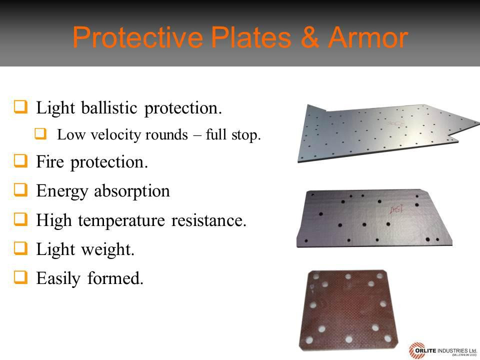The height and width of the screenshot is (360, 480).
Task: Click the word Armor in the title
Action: (368, 37)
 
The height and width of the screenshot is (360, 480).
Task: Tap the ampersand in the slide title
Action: (309, 37)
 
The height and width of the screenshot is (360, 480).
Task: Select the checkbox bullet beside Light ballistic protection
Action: (21, 106)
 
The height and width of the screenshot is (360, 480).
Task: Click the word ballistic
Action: (109, 107)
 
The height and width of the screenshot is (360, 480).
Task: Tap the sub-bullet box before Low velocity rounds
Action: (40, 133)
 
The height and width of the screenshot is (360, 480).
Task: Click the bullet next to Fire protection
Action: (21, 160)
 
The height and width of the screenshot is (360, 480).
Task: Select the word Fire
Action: (50, 161)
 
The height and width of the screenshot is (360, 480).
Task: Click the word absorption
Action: (132, 191)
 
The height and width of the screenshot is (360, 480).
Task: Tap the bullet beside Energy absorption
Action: (21, 190)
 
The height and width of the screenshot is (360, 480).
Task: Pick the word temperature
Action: (121, 220)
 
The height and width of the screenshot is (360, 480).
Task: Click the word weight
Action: (108, 249)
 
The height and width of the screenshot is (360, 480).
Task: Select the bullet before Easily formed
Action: (21, 277)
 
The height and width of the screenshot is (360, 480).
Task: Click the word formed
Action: (115, 278)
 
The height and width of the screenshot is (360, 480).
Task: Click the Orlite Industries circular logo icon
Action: (416, 351)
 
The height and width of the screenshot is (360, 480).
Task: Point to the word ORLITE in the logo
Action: (426, 350)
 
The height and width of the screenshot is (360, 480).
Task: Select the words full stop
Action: (233, 135)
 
